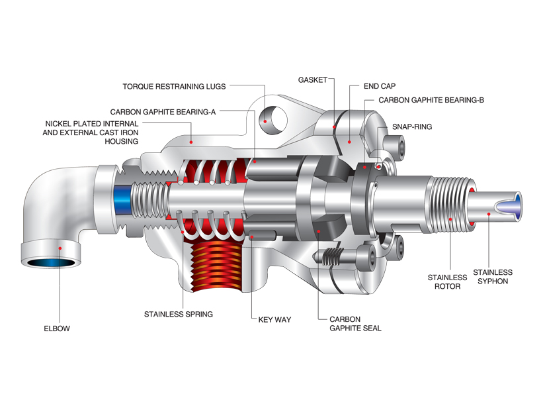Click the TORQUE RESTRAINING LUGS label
pos(174,86)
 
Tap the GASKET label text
pos(313,79)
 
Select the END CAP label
pos(380,86)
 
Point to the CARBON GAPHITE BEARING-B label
pos(431,100)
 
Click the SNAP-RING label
pos(412,127)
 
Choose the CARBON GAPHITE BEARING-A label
pos(163,112)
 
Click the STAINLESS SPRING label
pos(179,314)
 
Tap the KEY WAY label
pos(274,319)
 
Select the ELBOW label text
pos(57,329)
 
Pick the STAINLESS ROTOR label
pos(447,281)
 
